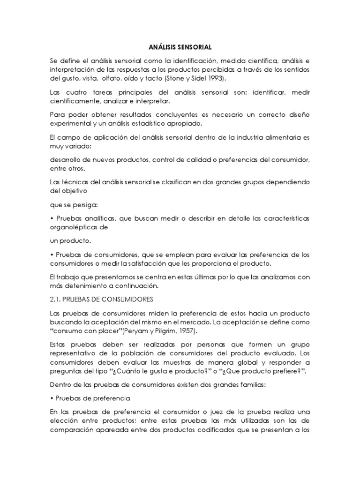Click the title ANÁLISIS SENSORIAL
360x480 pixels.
coord(180,47)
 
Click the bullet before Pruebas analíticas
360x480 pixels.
coord(51,218)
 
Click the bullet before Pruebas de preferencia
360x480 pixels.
coord(51,398)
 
